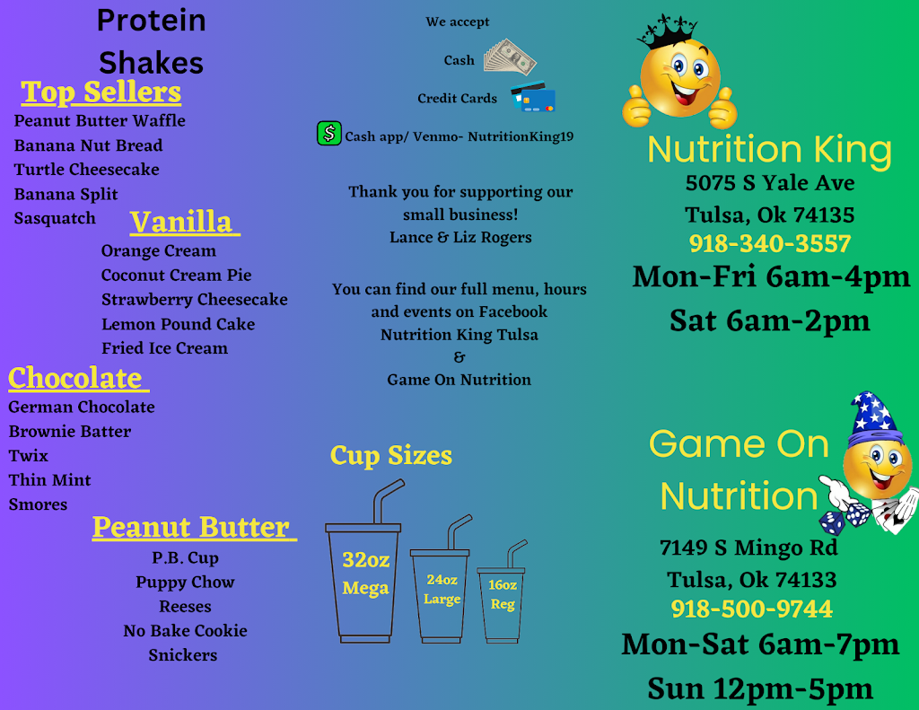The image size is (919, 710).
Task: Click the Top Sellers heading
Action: pyautogui.click(x=101, y=92)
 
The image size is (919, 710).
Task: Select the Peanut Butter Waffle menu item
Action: pyautogui.click(x=100, y=120)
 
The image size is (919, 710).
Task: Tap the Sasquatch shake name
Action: pyautogui.click(x=55, y=218)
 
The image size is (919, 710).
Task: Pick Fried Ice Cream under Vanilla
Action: pyautogui.click(x=164, y=348)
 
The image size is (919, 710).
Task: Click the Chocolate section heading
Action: pyautogui.click(x=75, y=378)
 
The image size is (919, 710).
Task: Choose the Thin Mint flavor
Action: pyautogui.click(x=49, y=480)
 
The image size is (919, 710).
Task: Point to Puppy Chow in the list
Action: pyautogui.click(x=185, y=583)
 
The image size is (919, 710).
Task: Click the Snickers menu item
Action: pyautogui.click(x=182, y=655)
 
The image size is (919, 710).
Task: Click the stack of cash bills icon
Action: pyautogui.click(x=510, y=57)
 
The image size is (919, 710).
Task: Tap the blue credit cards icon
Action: pyautogui.click(x=533, y=98)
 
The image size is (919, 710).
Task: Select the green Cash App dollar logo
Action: pyautogui.click(x=329, y=134)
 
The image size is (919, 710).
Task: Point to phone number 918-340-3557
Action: pyautogui.click(x=770, y=243)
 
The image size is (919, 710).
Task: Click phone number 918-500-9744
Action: pyautogui.click(x=751, y=609)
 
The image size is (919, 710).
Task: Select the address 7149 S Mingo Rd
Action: pyautogui.click(x=748, y=548)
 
